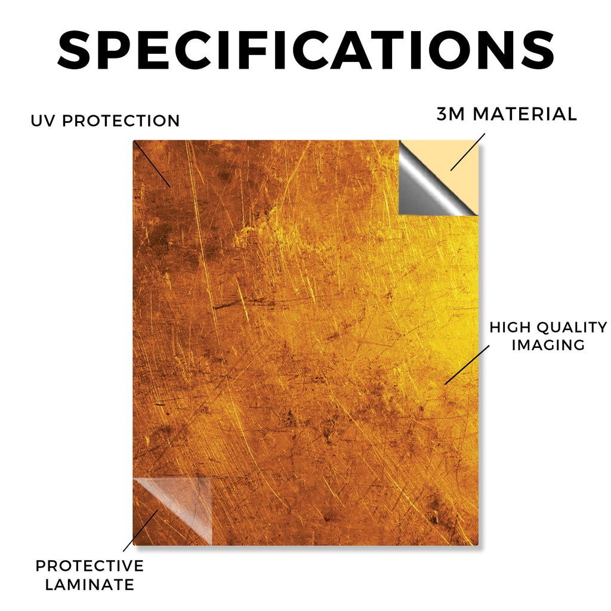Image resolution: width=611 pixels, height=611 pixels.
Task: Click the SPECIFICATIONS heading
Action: point(306,50)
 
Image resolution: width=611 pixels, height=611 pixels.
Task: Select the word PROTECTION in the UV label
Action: point(121,121)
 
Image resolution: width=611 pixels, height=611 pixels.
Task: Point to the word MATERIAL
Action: point(524,114)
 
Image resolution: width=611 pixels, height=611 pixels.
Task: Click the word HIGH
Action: point(510,328)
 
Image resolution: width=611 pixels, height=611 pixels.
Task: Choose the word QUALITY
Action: point(572,328)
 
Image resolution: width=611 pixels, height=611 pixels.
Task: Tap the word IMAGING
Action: point(548,345)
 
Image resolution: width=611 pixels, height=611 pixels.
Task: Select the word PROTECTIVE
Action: point(90,566)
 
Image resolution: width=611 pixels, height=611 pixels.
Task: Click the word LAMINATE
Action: point(90,585)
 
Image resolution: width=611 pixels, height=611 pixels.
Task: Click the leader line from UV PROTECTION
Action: point(152,164)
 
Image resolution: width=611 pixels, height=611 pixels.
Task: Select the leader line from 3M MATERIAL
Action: point(468,152)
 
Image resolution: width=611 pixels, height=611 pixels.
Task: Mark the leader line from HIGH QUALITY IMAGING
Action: point(467,365)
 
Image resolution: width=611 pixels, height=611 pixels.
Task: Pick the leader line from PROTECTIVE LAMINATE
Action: point(141,530)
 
